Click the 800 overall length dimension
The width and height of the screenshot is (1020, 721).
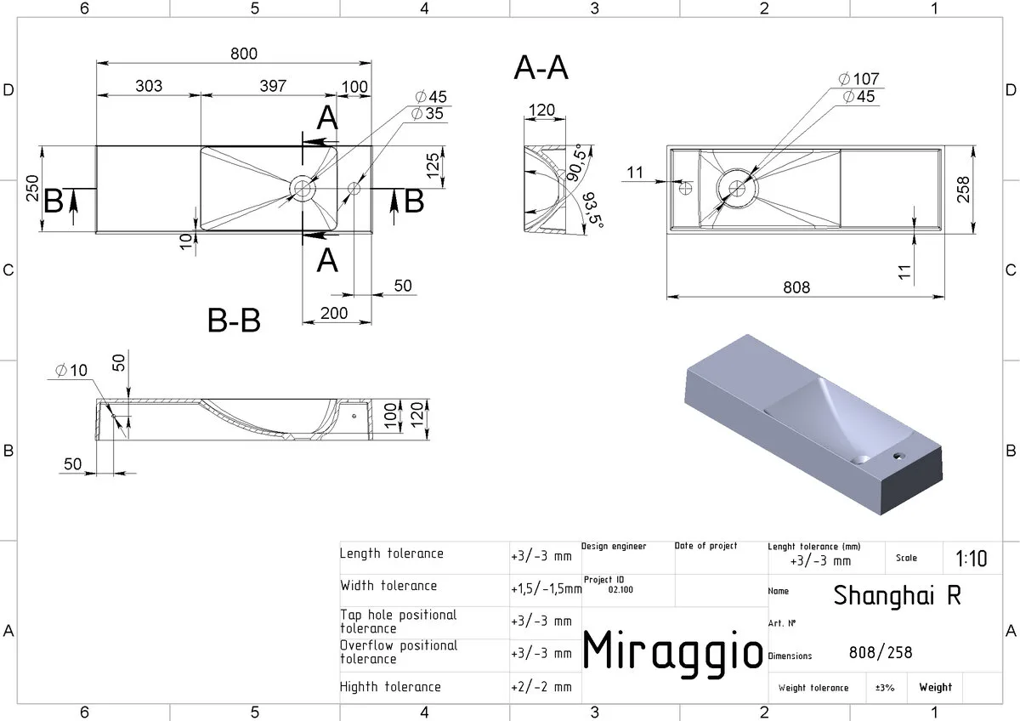(244, 54)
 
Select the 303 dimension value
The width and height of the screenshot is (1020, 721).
(149, 86)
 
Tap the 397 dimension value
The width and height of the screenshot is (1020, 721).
(273, 86)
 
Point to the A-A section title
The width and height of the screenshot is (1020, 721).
(541, 68)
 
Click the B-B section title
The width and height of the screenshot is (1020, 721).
(234, 320)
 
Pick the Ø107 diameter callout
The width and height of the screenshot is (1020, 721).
(858, 79)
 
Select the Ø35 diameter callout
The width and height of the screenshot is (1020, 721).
(427, 113)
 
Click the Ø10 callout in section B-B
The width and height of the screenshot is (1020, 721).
(71, 371)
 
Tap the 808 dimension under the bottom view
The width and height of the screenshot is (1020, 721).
(796, 287)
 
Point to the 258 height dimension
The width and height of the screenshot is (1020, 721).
(963, 190)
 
